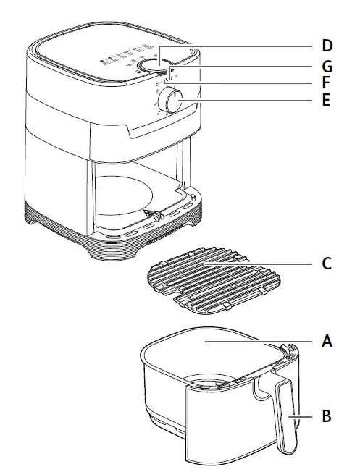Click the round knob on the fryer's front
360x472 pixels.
click(x=173, y=101)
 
